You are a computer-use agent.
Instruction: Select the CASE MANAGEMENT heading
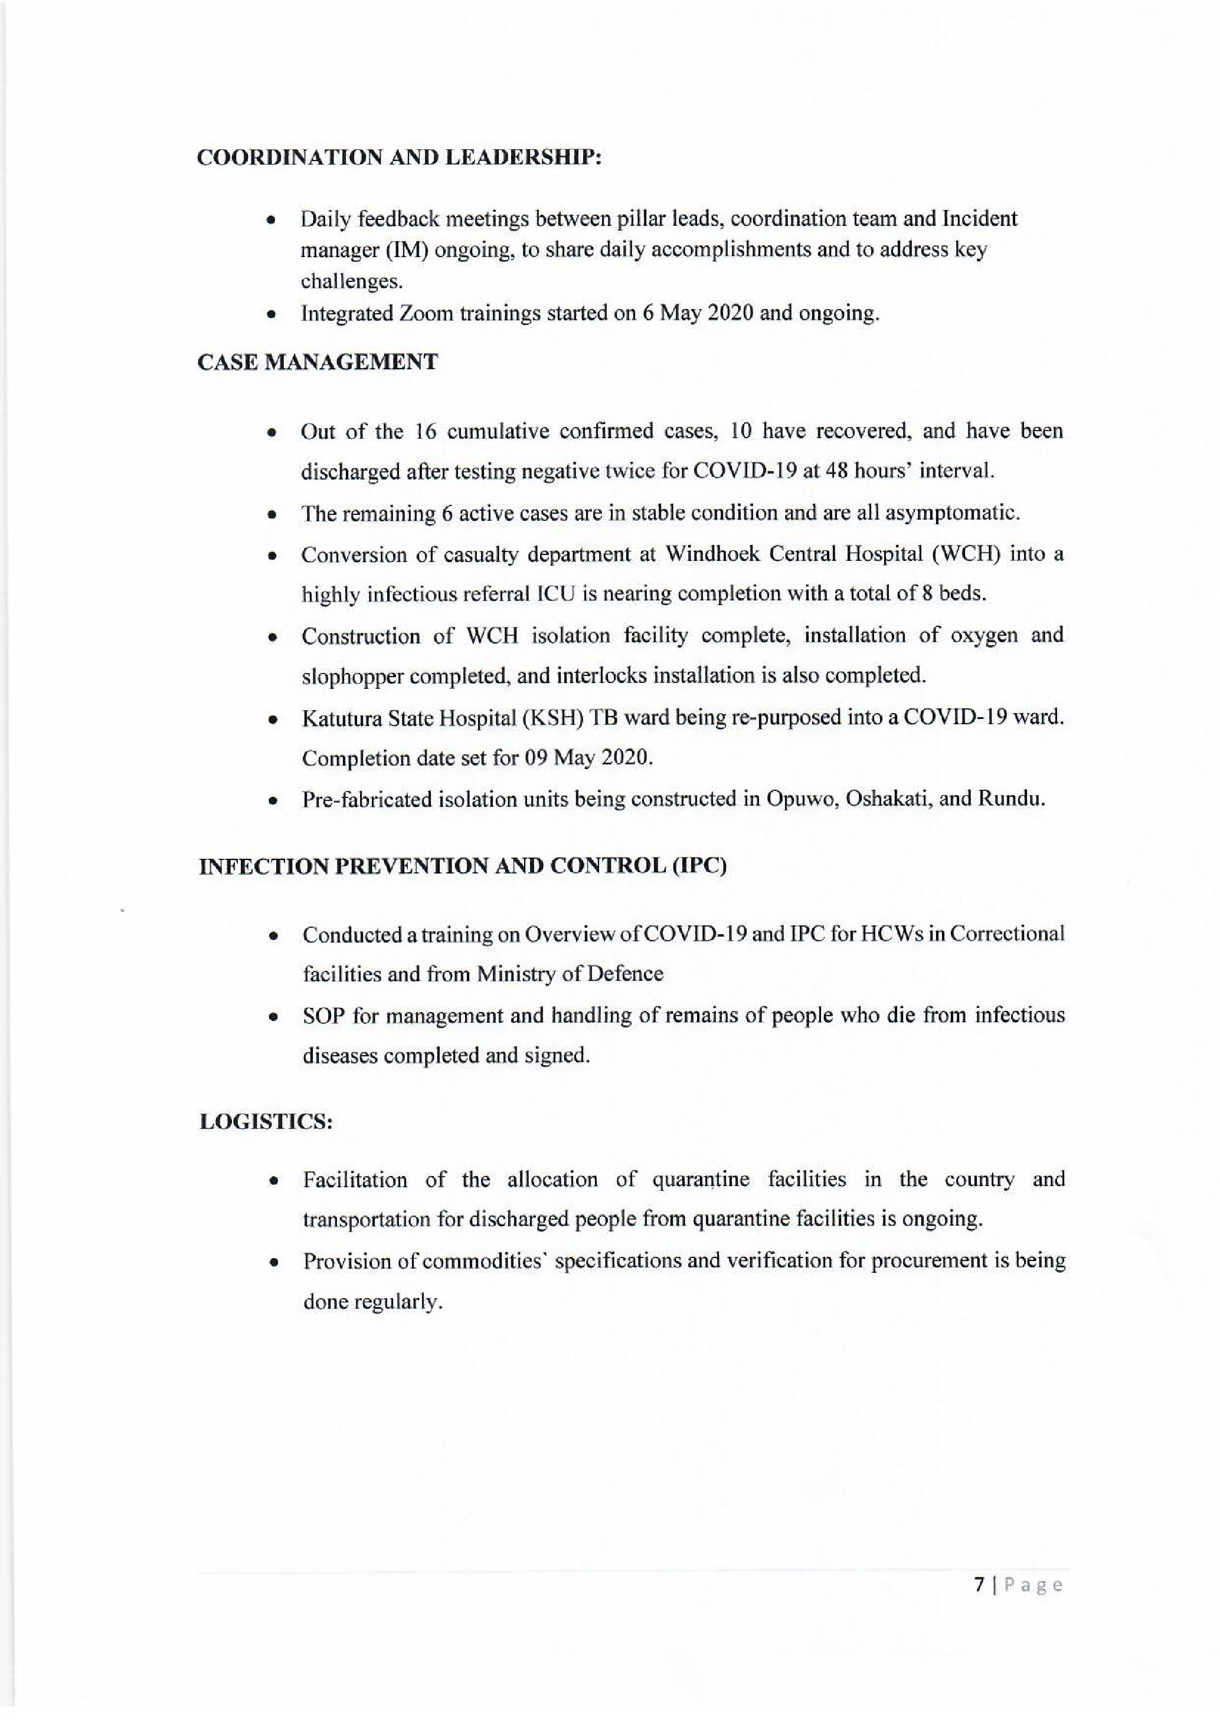pyautogui.click(x=317, y=362)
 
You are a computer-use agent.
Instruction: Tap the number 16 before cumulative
pyautogui.click(x=426, y=432)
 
